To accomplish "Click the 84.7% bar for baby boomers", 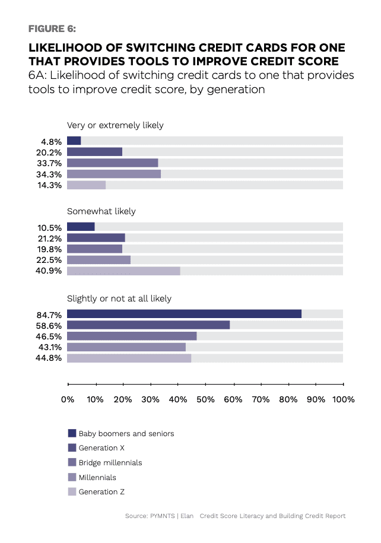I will pos(184,314).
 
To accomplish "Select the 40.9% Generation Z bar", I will pos(123,271).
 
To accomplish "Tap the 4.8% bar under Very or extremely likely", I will pos(74,141).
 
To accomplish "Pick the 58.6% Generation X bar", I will pos(148,325).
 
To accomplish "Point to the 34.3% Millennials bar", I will pos(114,174).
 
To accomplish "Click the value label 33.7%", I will pos(49,163).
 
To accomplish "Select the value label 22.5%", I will pos(49,260).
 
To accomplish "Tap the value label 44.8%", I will pos(49,358).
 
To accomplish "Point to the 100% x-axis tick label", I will pos(343,400).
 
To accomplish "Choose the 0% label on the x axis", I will pos(68,400).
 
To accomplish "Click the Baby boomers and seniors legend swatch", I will pos(72,433).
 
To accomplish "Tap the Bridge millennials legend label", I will pos(110,462).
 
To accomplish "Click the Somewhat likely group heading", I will pos(101,211).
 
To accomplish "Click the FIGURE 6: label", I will pos(52,28).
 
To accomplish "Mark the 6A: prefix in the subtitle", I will pos(40,76).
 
